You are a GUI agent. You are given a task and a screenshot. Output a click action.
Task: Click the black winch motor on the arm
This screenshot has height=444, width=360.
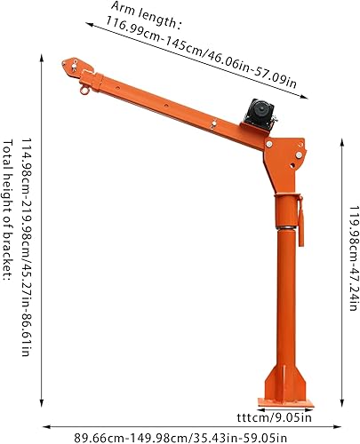tap(262, 114)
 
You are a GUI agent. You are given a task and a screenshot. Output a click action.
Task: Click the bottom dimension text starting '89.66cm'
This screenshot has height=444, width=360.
tap(182, 434)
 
